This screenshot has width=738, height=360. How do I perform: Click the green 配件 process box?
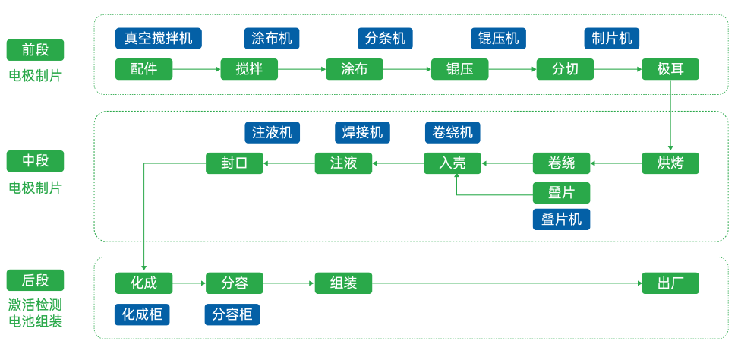[143, 69]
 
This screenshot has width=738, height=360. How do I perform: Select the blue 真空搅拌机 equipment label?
[159, 38]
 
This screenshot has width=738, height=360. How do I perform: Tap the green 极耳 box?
[670, 69]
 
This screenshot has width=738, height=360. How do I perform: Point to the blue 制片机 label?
[612, 38]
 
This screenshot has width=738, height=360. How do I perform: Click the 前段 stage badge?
[35, 50]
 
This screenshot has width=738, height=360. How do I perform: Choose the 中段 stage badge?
[35, 161]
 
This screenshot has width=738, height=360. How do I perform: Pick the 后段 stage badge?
[35, 280]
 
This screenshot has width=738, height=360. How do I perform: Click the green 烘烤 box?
[670, 163]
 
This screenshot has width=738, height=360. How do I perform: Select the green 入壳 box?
[452, 163]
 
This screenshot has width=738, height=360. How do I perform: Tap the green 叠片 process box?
[561, 192]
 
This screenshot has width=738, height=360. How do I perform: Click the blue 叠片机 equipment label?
[561, 219]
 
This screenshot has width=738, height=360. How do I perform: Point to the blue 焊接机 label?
[362, 132]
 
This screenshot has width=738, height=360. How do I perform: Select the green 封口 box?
[234, 163]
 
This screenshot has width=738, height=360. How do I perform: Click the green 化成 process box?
[143, 283]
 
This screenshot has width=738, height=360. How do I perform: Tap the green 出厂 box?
[670, 283]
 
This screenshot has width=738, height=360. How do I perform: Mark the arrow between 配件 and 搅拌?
[196, 69]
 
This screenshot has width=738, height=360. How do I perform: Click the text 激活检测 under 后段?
[35, 305]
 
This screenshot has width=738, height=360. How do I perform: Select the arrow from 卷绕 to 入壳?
[506, 163]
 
